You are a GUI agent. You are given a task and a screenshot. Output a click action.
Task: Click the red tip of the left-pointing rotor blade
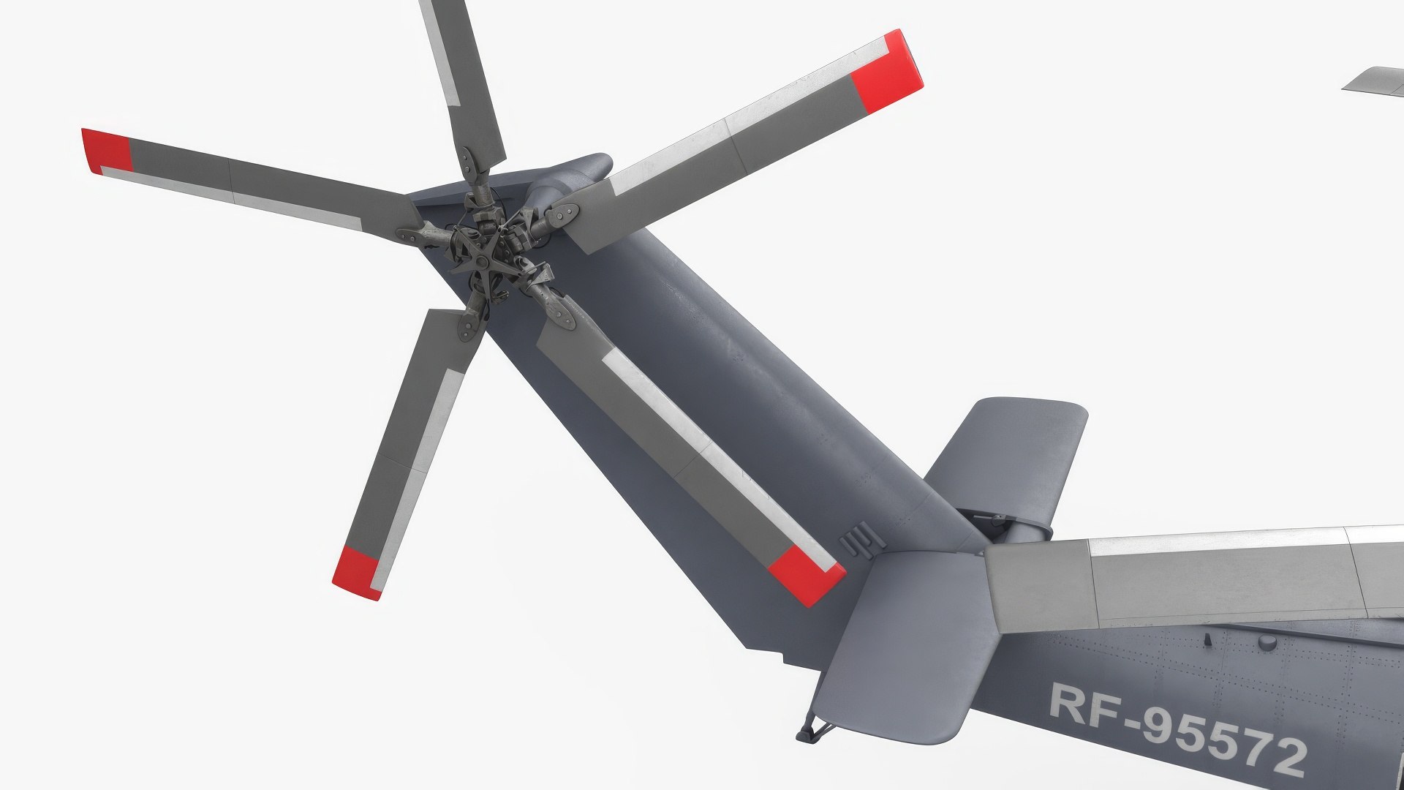click(107, 151)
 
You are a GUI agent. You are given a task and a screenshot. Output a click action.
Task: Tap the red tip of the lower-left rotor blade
click(357, 572)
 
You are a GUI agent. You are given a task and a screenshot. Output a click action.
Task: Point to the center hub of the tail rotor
click(488, 249)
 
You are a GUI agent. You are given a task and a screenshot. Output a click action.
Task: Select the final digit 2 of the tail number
click(1287, 755)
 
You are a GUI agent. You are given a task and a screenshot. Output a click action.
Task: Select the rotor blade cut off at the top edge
click(461, 73)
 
